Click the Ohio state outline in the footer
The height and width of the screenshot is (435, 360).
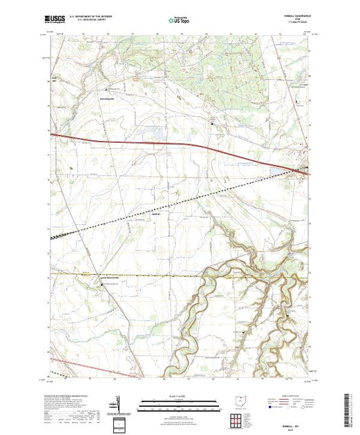tap(238, 400)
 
